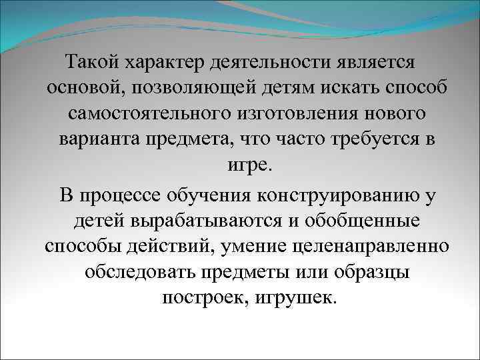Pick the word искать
(x=321, y=89)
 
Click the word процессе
(x=135, y=195)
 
